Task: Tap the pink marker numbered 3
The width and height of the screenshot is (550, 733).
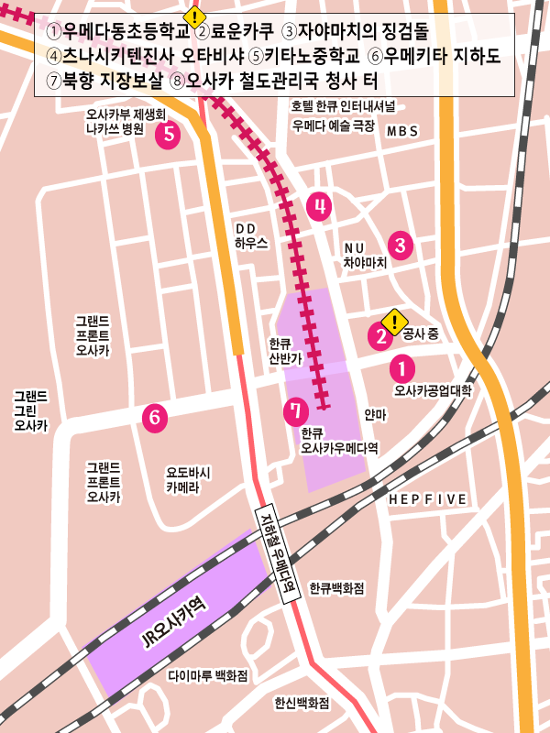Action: [x=400, y=244]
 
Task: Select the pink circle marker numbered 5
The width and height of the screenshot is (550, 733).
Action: [x=168, y=136]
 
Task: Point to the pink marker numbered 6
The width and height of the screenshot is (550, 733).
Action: [x=155, y=418]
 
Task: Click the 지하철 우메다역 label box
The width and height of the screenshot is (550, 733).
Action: [x=277, y=552]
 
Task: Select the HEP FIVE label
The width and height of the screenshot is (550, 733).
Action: [x=427, y=499]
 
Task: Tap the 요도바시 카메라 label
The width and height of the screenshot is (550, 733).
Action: [x=189, y=481]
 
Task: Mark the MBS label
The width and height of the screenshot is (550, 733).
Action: [x=401, y=132]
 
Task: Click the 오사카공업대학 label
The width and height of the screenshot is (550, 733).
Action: [x=431, y=391]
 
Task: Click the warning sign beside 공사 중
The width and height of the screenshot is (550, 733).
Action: [x=394, y=321]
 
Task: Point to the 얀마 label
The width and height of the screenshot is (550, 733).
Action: [x=376, y=415]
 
